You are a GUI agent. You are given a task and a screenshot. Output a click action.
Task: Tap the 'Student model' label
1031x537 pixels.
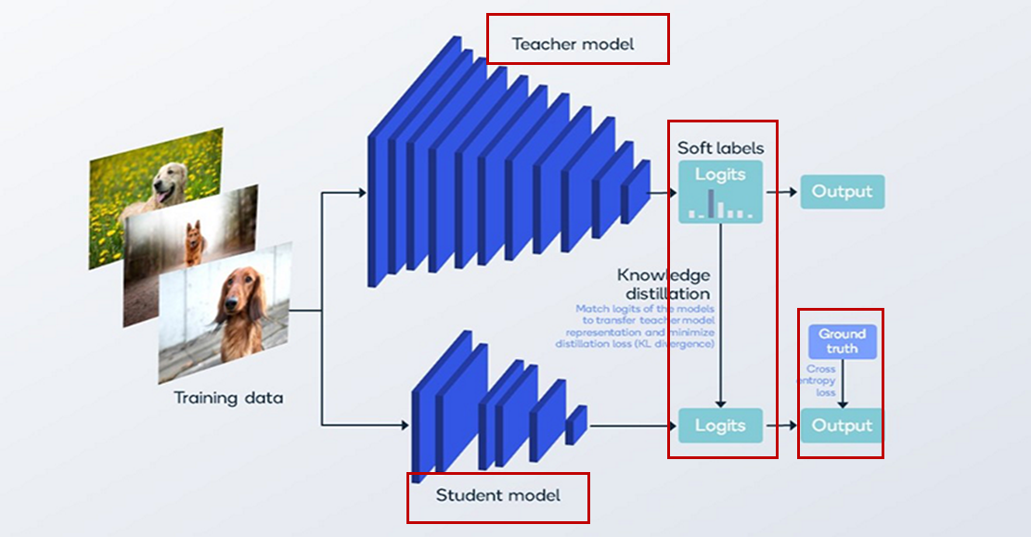(x=498, y=495)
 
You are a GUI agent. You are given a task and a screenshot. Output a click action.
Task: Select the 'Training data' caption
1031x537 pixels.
(x=228, y=399)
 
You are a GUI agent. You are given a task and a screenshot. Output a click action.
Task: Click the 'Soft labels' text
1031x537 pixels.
(x=721, y=148)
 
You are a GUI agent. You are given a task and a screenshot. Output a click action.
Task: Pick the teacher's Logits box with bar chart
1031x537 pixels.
(x=720, y=192)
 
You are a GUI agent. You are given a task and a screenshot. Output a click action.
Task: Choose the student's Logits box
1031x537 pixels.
(x=720, y=426)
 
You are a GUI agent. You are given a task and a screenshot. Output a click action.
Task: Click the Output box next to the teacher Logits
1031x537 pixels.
(x=842, y=192)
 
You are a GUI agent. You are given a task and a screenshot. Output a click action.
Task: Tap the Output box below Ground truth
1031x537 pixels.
(x=842, y=426)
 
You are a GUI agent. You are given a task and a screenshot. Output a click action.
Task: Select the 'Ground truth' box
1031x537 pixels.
(x=842, y=341)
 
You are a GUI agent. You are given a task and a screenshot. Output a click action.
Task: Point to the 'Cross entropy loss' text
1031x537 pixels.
(x=821, y=380)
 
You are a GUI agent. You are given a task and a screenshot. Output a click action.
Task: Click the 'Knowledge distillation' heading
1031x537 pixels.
(x=664, y=284)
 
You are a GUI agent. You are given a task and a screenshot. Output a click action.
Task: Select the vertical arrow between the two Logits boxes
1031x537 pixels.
(x=721, y=315)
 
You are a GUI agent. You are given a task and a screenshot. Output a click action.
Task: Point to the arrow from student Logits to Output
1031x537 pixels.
(x=781, y=426)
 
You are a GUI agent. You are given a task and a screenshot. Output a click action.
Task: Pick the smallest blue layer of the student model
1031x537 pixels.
(x=576, y=424)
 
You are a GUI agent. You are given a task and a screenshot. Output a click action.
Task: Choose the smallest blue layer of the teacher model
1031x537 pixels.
(x=636, y=191)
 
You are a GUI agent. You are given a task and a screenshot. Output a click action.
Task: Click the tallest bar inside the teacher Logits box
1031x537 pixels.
(x=712, y=203)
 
